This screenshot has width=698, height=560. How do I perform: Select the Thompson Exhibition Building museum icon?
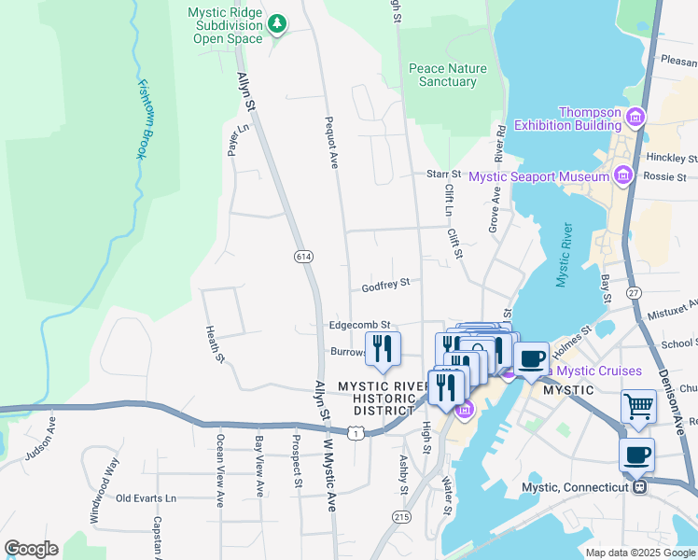(x=635, y=118)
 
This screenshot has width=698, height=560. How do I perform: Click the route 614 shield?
(x=303, y=256)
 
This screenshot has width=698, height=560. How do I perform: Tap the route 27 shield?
(x=635, y=292)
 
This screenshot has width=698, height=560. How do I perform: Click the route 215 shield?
(x=402, y=516)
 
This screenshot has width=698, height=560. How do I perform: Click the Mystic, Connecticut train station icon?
(x=639, y=486)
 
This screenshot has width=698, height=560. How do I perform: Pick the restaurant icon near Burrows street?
(x=383, y=348)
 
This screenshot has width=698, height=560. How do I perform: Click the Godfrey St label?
(x=386, y=283)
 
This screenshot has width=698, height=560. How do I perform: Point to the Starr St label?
(x=443, y=174)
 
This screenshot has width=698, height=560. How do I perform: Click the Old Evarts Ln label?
(x=146, y=498)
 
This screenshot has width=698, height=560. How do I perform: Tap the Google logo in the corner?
(x=31, y=549)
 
